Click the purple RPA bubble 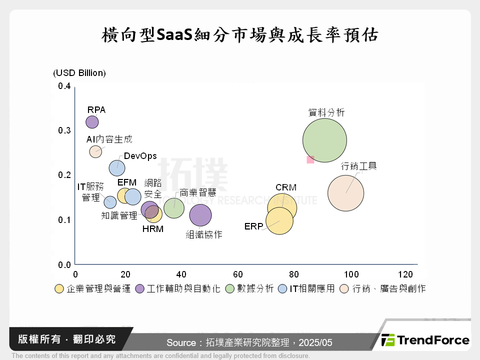(x=92, y=122)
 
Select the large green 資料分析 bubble (x=324, y=140)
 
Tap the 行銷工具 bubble (x=345, y=193)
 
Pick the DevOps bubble (x=117, y=168)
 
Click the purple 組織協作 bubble (x=200, y=215)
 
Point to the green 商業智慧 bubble (x=173, y=207)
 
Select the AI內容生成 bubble (x=95, y=151)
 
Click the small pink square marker (x=310, y=159)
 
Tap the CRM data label (x=285, y=187)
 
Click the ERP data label (x=253, y=226)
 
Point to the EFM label (x=127, y=182)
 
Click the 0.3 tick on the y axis (x=64, y=130)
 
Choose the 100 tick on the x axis (x=351, y=274)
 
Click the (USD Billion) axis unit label (x=79, y=73)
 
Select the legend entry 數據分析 (x=255, y=288)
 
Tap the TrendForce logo (x=425, y=340)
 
